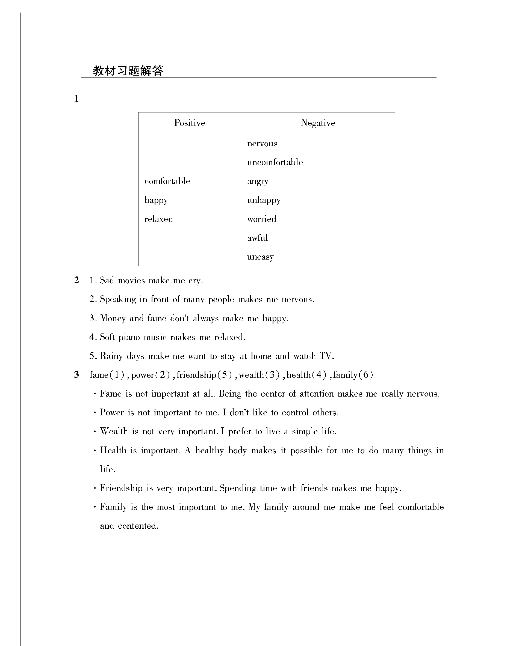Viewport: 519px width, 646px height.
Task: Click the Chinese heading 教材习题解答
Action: [x=128, y=71]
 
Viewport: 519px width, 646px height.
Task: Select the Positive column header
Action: [x=190, y=123]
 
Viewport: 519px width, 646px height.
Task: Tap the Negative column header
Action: [x=318, y=123]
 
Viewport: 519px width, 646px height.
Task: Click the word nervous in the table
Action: [x=262, y=144]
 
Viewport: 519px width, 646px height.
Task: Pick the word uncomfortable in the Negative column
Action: [x=275, y=162]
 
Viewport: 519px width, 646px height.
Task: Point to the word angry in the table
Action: [x=258, y=181]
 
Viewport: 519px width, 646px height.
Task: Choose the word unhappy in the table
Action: [x=264, y=200]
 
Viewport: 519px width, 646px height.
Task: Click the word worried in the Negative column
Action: [x=261, y=219]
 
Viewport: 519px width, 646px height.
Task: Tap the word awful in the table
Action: [x=257, y=238]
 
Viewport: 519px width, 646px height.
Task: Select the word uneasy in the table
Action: [x=260, y=257]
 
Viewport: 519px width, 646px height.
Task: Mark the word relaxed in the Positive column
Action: [x=159, y=219]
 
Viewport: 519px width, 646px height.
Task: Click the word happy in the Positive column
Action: [x=156, y=200]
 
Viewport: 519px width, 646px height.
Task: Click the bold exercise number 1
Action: [x=76, y=99]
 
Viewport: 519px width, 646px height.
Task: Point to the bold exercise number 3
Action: [x=76, y=374]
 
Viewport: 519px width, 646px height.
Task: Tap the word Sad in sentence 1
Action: [x=107, y=281]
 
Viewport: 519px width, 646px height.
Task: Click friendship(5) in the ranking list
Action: [x=204, y=375]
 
